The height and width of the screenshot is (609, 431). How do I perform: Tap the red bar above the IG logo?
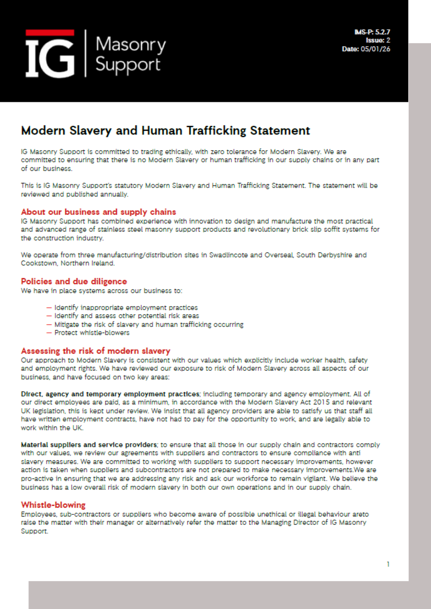(50, 33)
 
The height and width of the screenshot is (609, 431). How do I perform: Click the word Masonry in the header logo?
(130, 44)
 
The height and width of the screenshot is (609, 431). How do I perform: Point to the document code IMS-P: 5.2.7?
(372, 32)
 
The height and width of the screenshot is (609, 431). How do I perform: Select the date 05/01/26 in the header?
(375, 49)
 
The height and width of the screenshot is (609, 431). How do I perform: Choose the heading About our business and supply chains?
(98, 212)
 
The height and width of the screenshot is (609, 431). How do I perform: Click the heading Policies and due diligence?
(74, 281)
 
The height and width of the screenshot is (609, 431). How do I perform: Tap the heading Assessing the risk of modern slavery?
(95, 351)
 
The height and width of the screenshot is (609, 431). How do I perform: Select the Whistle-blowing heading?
(53, 505)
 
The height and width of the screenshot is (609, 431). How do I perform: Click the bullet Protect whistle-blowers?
(92, 333)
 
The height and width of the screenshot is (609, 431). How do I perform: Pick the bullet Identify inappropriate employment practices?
(126, 308)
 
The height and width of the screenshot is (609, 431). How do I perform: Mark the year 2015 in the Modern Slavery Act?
(321, 402)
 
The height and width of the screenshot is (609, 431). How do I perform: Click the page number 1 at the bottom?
(388, 564)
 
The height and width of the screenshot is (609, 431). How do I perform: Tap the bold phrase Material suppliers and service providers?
(89, 445)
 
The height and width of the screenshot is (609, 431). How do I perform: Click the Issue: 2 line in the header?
(378, 40)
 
